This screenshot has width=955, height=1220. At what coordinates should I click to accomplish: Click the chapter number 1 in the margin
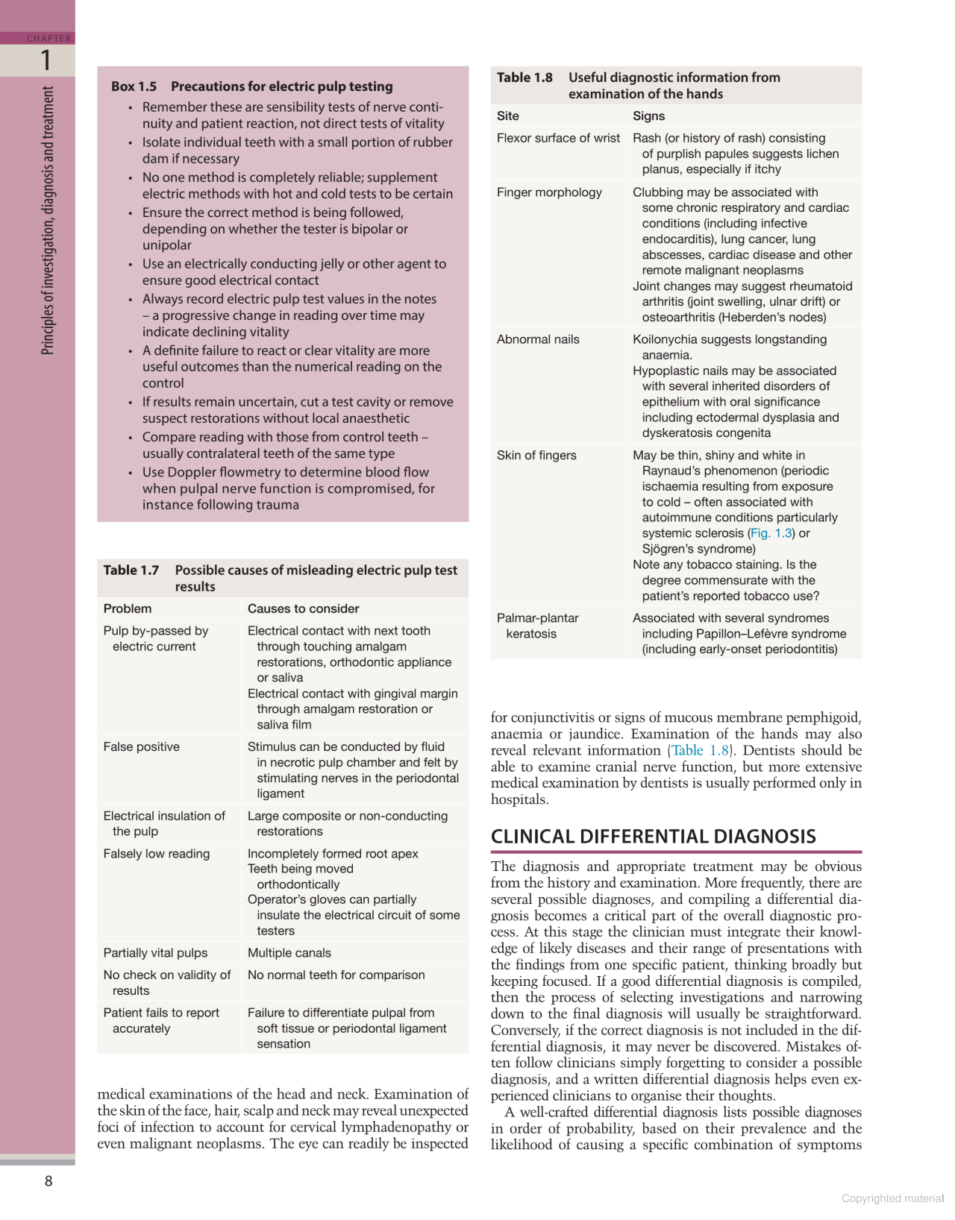pos(46,60)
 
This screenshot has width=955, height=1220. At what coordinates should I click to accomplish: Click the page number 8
pos(48,1180)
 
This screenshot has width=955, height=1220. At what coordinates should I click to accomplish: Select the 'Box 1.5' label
pos(134,87)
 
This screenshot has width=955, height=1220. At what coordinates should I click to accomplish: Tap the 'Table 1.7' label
pos(131,570)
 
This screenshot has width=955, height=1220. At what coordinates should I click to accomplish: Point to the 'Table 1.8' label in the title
pos(525,78)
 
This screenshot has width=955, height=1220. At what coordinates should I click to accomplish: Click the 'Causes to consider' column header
pos(303,609)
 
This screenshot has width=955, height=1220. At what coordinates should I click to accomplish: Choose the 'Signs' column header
pos(648,116)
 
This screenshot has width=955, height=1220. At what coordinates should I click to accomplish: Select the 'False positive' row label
pos(142,746)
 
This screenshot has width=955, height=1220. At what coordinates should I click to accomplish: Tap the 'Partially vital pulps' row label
pos(155,952)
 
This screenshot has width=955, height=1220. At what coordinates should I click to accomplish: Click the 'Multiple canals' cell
pos(289,952)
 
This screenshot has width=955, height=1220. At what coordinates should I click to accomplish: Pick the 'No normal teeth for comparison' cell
pos(336,975)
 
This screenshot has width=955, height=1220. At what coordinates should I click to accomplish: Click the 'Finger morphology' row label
pos(549,192)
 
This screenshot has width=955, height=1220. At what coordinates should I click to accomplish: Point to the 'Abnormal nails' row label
pos(538,339)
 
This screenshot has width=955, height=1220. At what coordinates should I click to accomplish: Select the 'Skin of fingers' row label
pos(536,455)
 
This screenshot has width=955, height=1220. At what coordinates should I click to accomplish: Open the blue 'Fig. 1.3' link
pos(771,533)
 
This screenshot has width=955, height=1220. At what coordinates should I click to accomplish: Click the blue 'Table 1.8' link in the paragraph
pos(700,750)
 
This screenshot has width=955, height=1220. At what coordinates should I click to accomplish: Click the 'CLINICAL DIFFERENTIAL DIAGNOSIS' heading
pos(653,837)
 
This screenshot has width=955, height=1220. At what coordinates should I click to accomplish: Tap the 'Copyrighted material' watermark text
pos(892,1198)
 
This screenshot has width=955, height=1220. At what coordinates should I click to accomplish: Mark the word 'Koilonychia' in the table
pos(664,339)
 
